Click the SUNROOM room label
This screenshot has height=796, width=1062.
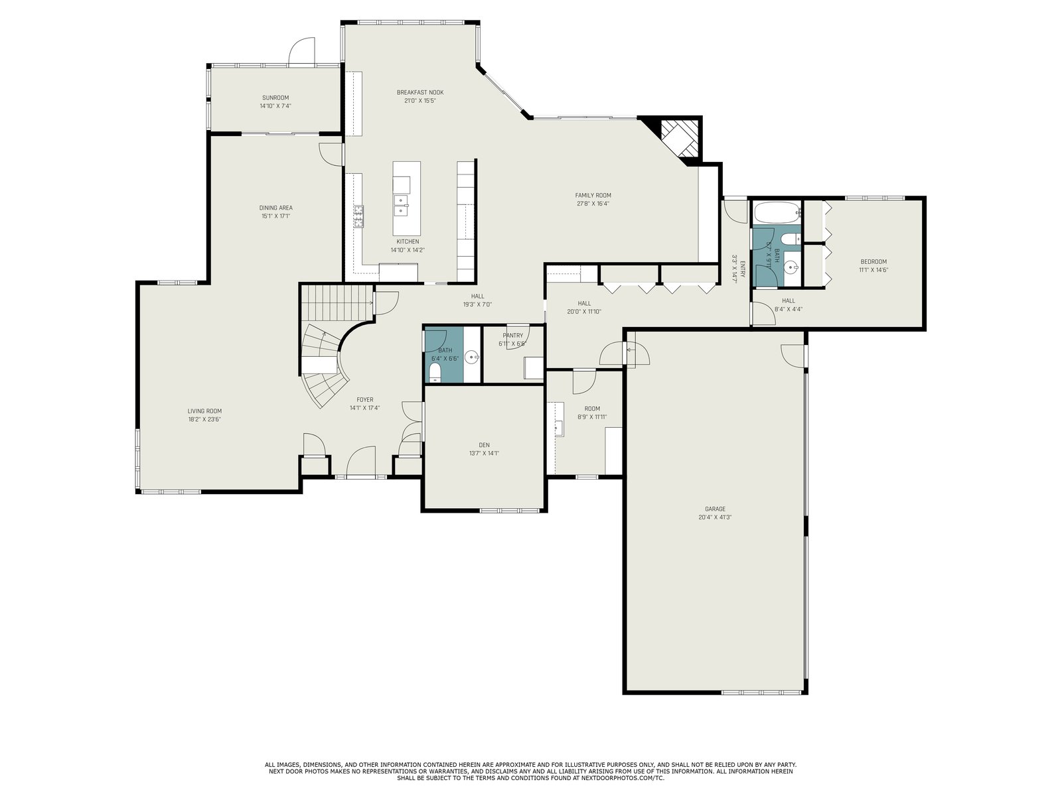pyautogui.click(x=275, y=98)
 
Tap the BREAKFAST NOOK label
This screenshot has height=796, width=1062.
pyautogui.click(x=420, y=92)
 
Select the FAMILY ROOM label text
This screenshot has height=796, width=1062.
pyautogui.click(x=593, y=195)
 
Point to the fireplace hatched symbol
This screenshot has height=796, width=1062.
pyautogui.click(x=680, y=138)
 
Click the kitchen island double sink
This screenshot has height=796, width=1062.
pyautogui.click(x=401, y=206)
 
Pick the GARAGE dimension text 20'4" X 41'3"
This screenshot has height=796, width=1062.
pyautogui.click(x=715, y=517)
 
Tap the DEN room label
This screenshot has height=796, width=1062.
pyautogui.click(x=485, y=445)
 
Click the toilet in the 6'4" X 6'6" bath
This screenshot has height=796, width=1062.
pyautogui.click(x=435, y=373)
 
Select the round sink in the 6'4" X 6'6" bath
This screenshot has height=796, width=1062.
pyautogui.click(x=472, y=358)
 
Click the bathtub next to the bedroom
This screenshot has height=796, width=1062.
pyautogui.click(x=777, y=213)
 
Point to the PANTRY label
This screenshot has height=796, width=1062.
pyautogui.click(x=513, y=336)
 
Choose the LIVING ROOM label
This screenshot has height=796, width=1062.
pyautogui.click(x=204, y=411)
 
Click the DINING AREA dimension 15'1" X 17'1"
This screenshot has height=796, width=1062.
pyautogui.click(x=275, y=216)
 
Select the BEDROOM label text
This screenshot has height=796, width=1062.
pyautogui.click(x=873, y=262)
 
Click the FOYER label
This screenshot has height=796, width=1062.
pyautogui.click(x=365, y=400)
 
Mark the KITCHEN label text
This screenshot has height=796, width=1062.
pyautogui.click(x=408, y=241)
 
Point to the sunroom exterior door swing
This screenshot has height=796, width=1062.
pyautogui.click(x=301, y=51)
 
